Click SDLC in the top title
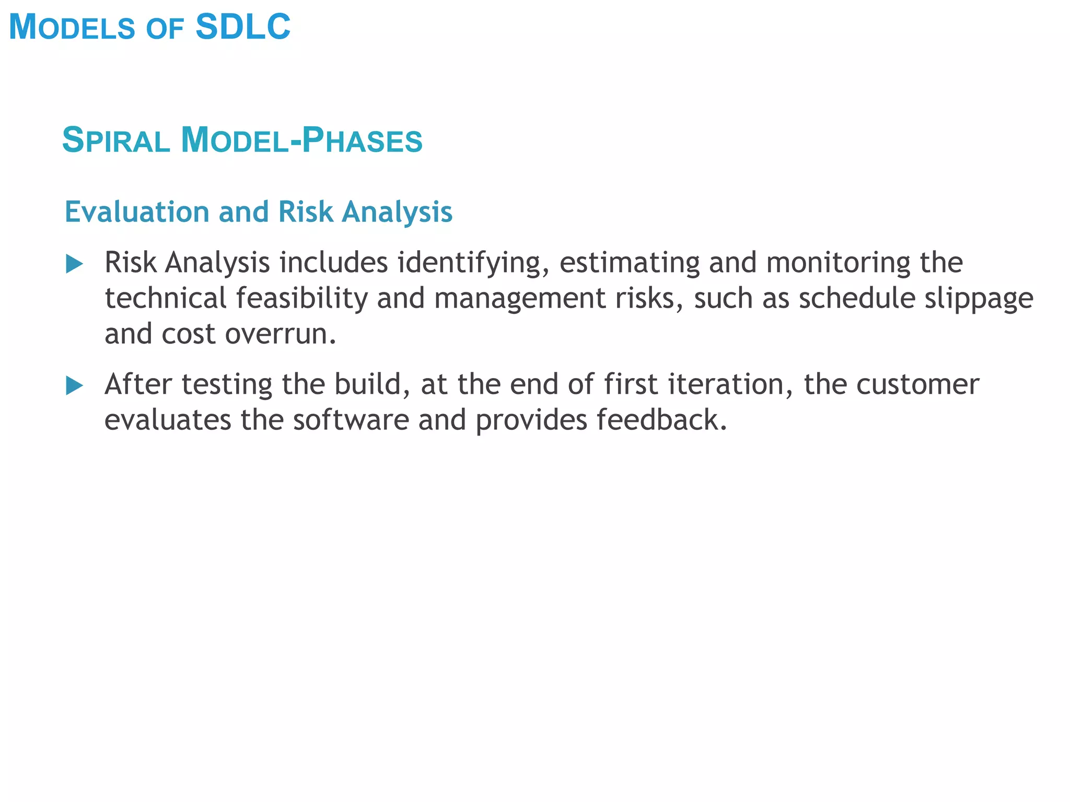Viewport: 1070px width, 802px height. (243, 27)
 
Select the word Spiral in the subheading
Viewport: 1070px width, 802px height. (116, 140)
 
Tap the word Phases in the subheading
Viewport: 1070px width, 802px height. (362, 140)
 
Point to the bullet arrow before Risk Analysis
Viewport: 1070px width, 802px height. (75, 264)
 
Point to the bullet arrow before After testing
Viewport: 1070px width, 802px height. (75, 386)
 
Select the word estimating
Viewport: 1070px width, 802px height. (629, 263)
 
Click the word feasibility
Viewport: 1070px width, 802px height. (301, 298)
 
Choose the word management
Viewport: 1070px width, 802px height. (519, 298)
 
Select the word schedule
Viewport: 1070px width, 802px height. (857, 298)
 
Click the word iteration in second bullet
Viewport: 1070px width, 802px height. (730, 385)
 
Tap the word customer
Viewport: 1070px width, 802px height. (917, 385)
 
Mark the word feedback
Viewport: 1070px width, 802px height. (661, 420)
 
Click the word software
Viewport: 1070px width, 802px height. (351, 420)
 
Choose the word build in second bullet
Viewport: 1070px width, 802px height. (371, 385)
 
